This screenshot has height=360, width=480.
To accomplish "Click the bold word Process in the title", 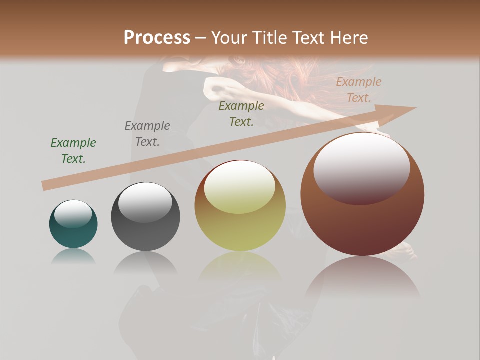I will [157, 38].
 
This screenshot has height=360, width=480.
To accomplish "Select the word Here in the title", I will [349, 38].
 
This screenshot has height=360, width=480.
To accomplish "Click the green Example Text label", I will [73, 151].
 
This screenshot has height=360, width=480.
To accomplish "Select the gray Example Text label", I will [147, 134].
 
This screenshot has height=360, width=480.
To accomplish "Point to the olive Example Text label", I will [241, 114].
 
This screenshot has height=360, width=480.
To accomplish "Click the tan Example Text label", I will [359, 90].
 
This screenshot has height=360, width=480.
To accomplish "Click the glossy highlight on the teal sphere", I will [73, 214].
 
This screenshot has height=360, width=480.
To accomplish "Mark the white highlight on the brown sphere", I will [361, 167].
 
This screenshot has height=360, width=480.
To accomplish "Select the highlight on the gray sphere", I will [145, 202].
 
